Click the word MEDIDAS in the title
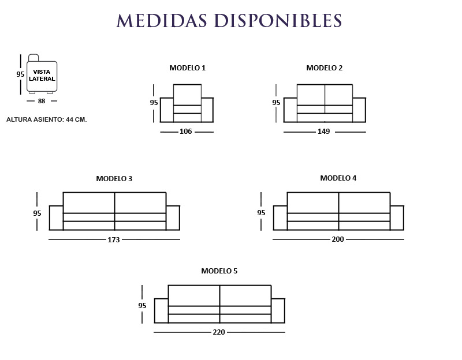(162, 20)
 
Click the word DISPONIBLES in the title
(278, 20)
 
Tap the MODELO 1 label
(187, 68)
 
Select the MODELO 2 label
(324, 68)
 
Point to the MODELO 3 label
(114, 179)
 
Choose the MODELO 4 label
(338, 178)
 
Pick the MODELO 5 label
(219, 271)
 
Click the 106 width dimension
(185, 132)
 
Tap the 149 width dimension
(323, 132)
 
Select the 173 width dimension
(113, 239)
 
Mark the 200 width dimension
(337, 239)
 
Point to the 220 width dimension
(218, 332)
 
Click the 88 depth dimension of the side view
(42, 101)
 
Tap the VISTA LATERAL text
(42, 76)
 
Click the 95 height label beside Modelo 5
(142, 306)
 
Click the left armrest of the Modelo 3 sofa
(56, 217)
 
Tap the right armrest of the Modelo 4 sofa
(397, 217)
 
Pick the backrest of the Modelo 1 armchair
(187, 95)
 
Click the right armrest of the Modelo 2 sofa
(359, 110)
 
